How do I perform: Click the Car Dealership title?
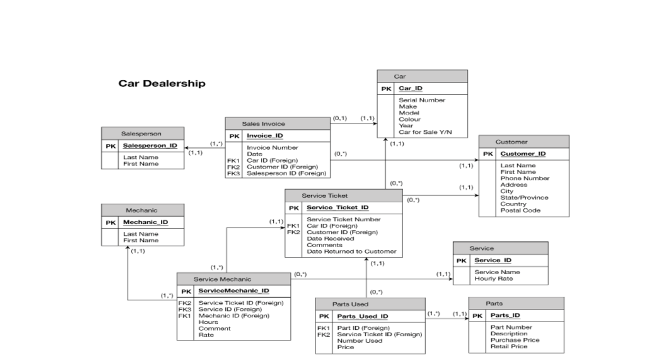(x=161, y=83)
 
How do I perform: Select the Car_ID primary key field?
(x=410, y=88)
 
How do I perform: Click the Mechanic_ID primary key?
(x=145, y=222)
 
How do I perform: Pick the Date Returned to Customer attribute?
(x=351, y=251)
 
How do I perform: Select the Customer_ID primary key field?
(x=523, y=153)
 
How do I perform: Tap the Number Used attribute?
(x=359, y=340)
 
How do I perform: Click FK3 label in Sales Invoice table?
(x=233, y=173)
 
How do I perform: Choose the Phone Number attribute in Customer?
(x=524, y=178)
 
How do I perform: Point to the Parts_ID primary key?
(x=505, y=315)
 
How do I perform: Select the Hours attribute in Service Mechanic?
(x=208, y=322)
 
